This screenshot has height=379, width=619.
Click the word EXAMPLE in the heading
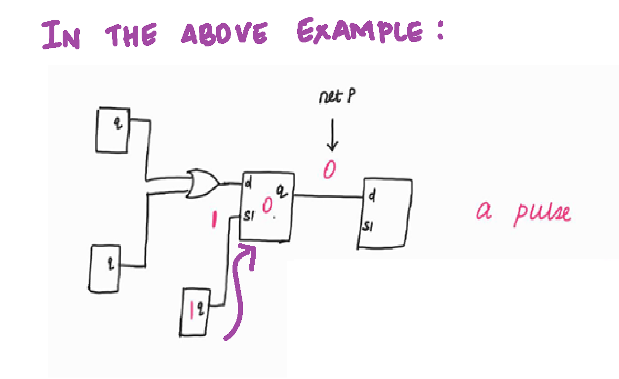360,32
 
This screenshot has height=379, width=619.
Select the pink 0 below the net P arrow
329,170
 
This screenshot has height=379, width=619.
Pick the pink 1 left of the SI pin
214,220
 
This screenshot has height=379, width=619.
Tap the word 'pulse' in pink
542,213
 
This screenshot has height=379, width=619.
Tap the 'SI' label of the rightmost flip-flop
368,226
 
